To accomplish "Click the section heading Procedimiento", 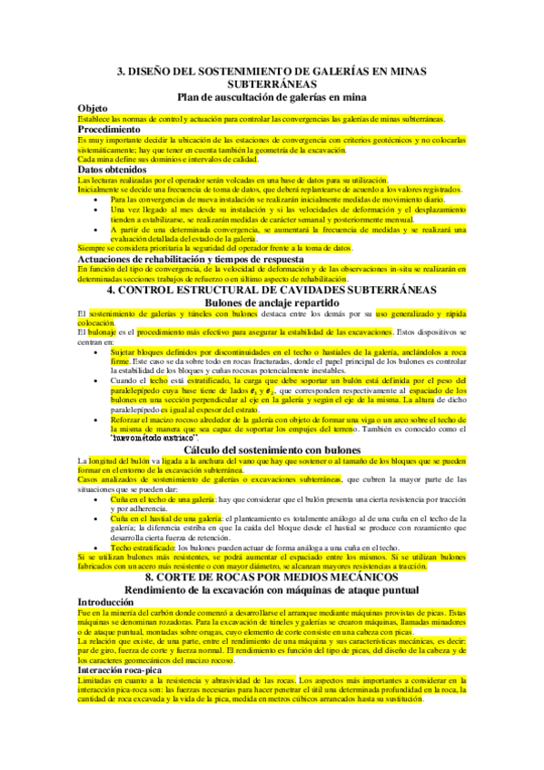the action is pos(114,130).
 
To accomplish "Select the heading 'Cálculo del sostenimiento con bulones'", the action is pos(272,449).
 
